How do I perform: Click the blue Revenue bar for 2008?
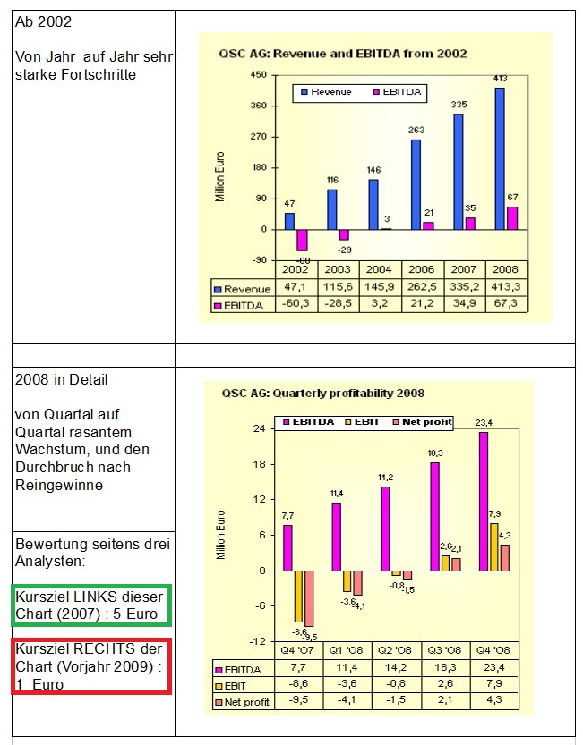point(500,158)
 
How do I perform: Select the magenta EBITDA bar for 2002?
point(303,240)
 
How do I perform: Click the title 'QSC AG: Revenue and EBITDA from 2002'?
point(343,54)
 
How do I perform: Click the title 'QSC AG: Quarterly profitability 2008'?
point(322,393)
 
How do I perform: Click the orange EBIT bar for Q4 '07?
point(299,596)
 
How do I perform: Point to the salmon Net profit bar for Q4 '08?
point(505,557)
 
